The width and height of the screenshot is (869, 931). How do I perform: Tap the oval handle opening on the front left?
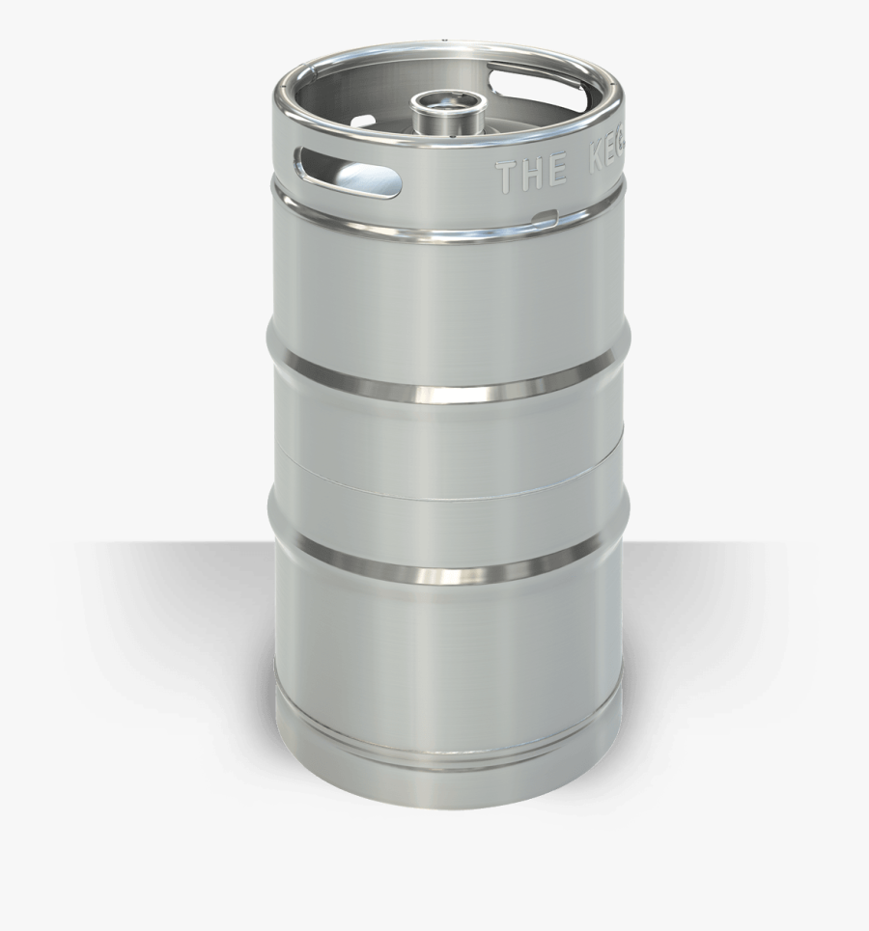click(349, 172)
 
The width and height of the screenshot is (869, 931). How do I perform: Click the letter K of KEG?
click(594, 169)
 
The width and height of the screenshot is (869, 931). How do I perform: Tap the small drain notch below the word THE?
click(545, 215)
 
